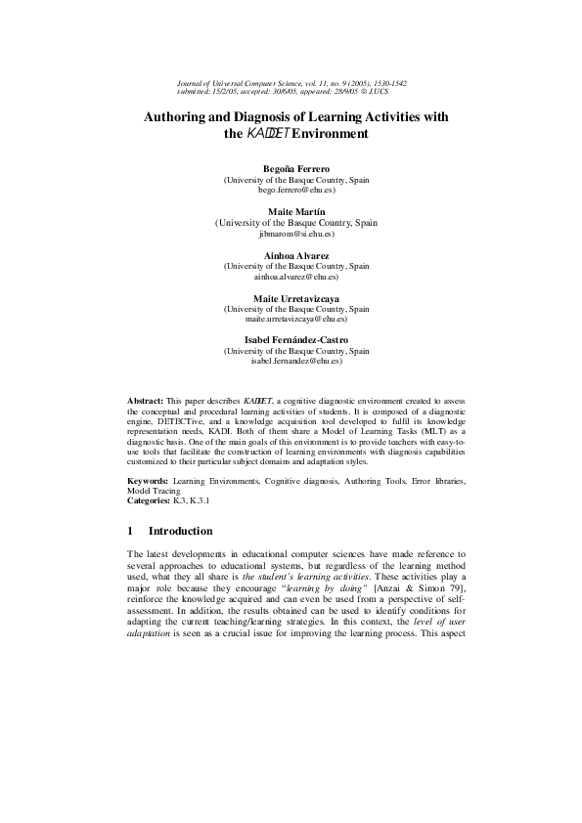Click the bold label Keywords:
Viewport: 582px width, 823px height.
149,482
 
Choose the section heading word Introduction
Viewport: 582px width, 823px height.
180,532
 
